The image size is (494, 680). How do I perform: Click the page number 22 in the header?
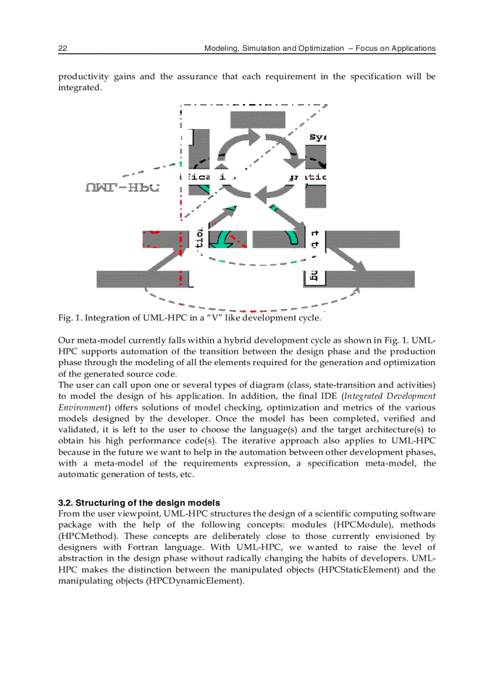(62, 48)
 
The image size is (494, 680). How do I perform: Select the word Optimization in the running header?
(321, 48)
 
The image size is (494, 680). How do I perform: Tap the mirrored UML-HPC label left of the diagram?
(122, 188)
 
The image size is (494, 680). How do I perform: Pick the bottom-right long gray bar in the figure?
(370, 279)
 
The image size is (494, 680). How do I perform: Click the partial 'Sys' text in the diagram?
(318, 137)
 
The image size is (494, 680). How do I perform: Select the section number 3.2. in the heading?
(65, 503)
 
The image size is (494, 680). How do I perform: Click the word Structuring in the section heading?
(99, 503)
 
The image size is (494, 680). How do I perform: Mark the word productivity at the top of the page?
(83, 76)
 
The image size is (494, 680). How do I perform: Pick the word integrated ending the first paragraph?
(79, 88)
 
